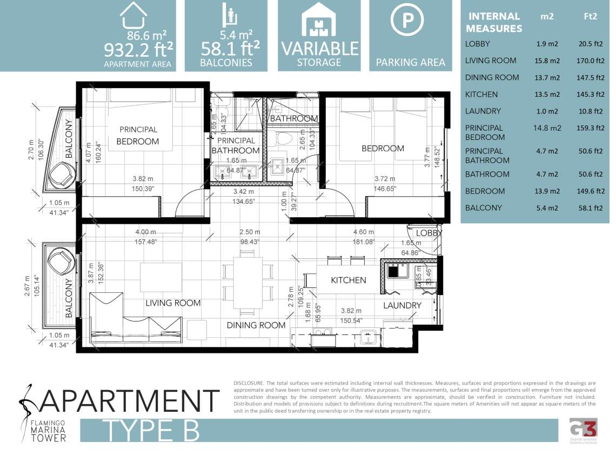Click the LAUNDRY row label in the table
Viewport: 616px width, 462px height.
[483, 111]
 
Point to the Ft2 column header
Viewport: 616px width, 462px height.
[590, 16]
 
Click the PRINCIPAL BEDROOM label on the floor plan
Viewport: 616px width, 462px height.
[138, 136]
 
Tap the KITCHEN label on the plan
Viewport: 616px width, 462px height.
[348, 280]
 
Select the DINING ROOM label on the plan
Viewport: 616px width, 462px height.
[256, 325]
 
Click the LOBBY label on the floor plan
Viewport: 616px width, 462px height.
[429, 233]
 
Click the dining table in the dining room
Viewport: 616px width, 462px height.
[248, 282]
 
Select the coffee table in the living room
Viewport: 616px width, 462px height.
[157, 277]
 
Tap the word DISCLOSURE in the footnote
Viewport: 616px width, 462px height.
[249, 383]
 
